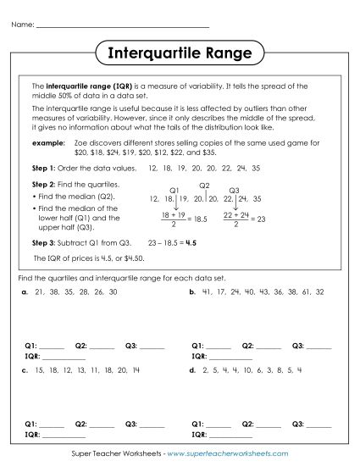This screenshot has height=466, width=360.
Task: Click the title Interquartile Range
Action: pyautogui.click(x=180, y=53)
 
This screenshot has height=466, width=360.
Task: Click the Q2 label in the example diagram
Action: pyautogui.click(x=204, y=185)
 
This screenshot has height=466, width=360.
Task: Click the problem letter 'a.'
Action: pyautogui.click(x=26, y=291)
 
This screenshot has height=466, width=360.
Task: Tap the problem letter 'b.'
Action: pyautogui.click(x=193, y=291)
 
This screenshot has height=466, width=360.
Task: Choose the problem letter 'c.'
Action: pyautogui.click(x=26, y=370)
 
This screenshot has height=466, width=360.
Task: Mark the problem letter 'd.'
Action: pyautogui.click(x=193, y=370)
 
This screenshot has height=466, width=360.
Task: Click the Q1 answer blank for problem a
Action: pyautogui.click(x=52, y=347)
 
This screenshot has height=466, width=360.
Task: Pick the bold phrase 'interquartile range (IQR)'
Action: pyautogui.click(x=83, y=86)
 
